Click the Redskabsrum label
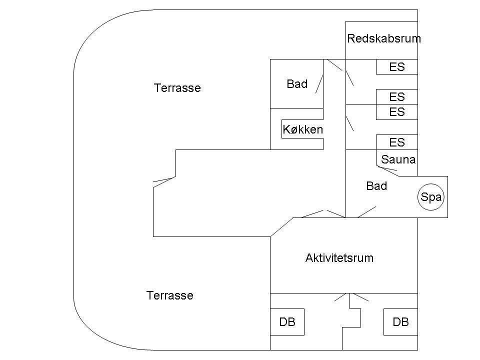[x=384, y=38]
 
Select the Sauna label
[x=398, y=159]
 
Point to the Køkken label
[x=303, y=129]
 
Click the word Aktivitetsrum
[x=339, y=258]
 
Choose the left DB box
[x=287, y=321]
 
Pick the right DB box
[x=400, y=321]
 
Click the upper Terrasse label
[x=177, y=88]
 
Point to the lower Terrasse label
[x=170, y=295]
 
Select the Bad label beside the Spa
[x=376, y=186]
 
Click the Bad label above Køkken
[x=297, y=84]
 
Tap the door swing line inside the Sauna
[x=387, y=168]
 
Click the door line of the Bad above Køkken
[x=319, y=84]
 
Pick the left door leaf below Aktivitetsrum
[x=342, y=297]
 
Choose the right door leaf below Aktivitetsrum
[x=359, y=297]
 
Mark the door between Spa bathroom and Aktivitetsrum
[x=366, y=212]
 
